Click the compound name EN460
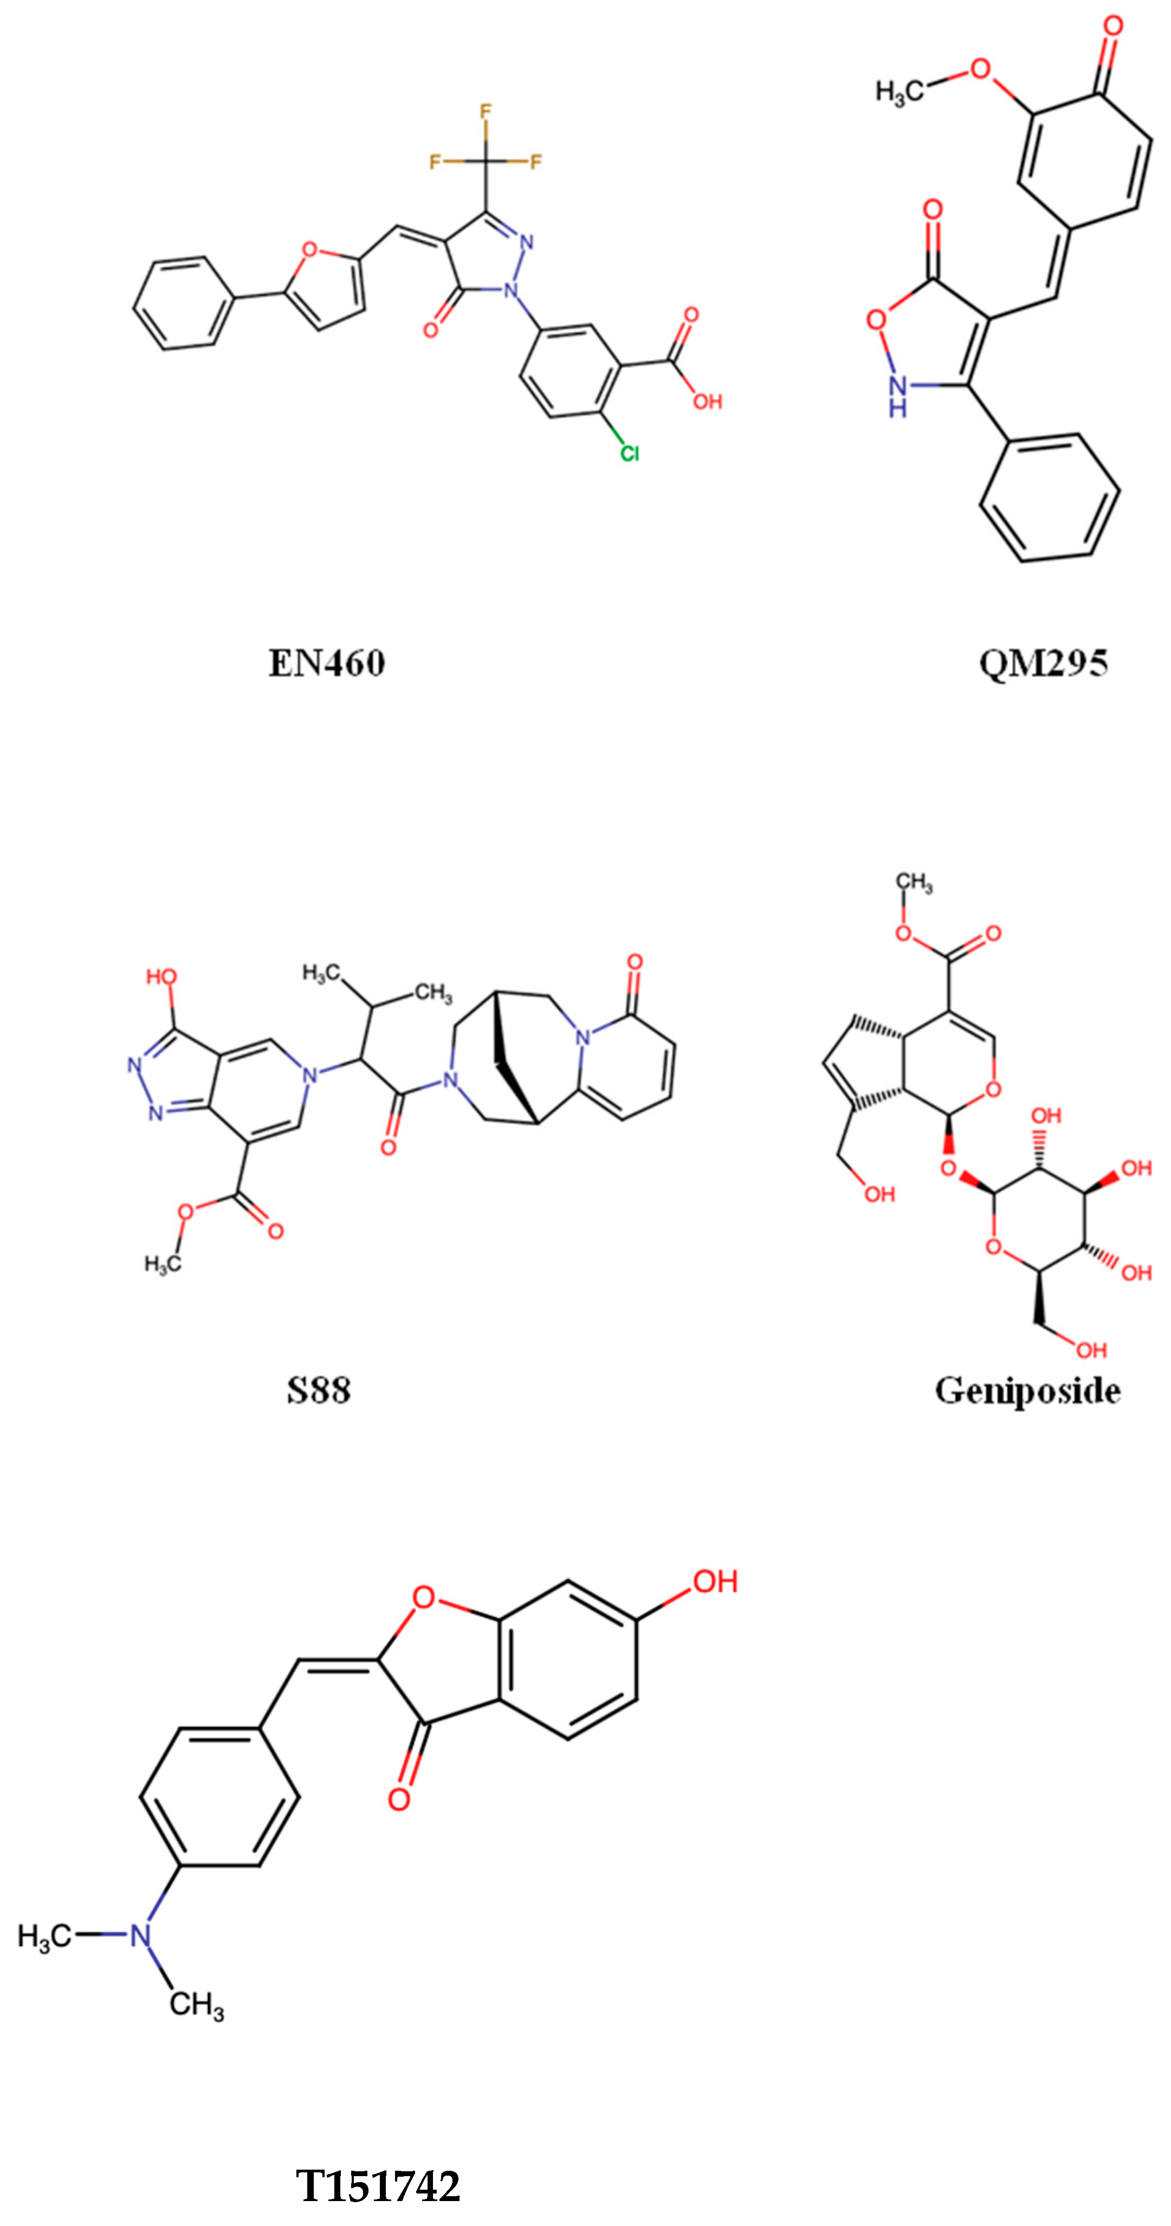click(x=327, y=664)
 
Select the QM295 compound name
click(x=1043, y=664)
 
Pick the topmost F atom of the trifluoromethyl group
click(x=486, y=112)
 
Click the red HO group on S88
click(x=161, y=978)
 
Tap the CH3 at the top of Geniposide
click(x=914, y=882)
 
